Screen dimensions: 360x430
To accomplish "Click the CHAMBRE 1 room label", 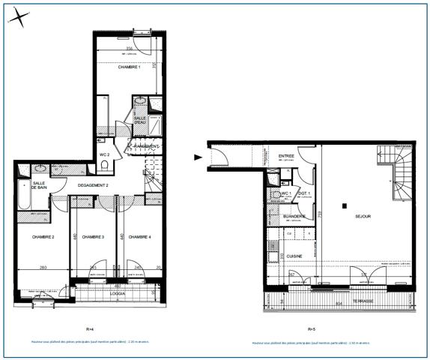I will [130, 67].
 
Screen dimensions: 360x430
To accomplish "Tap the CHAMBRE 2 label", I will [43, 237].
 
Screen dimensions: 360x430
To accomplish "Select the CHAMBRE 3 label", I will [93, 237].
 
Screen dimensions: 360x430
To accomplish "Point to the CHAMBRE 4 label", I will [139, 237].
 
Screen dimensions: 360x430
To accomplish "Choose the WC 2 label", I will [105, 154].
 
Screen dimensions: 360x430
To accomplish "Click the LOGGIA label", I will [118, 294].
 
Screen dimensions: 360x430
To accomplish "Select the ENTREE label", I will [285, 155].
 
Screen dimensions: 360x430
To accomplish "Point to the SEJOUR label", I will [363, 216].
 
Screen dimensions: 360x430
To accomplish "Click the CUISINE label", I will [294, 256].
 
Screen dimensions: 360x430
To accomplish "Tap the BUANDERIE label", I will [294, 217].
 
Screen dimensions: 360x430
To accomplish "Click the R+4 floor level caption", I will [90, 329].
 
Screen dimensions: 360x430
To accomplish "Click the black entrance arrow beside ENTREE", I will [199, 157].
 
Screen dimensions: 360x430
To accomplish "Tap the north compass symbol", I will [22, 16].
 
